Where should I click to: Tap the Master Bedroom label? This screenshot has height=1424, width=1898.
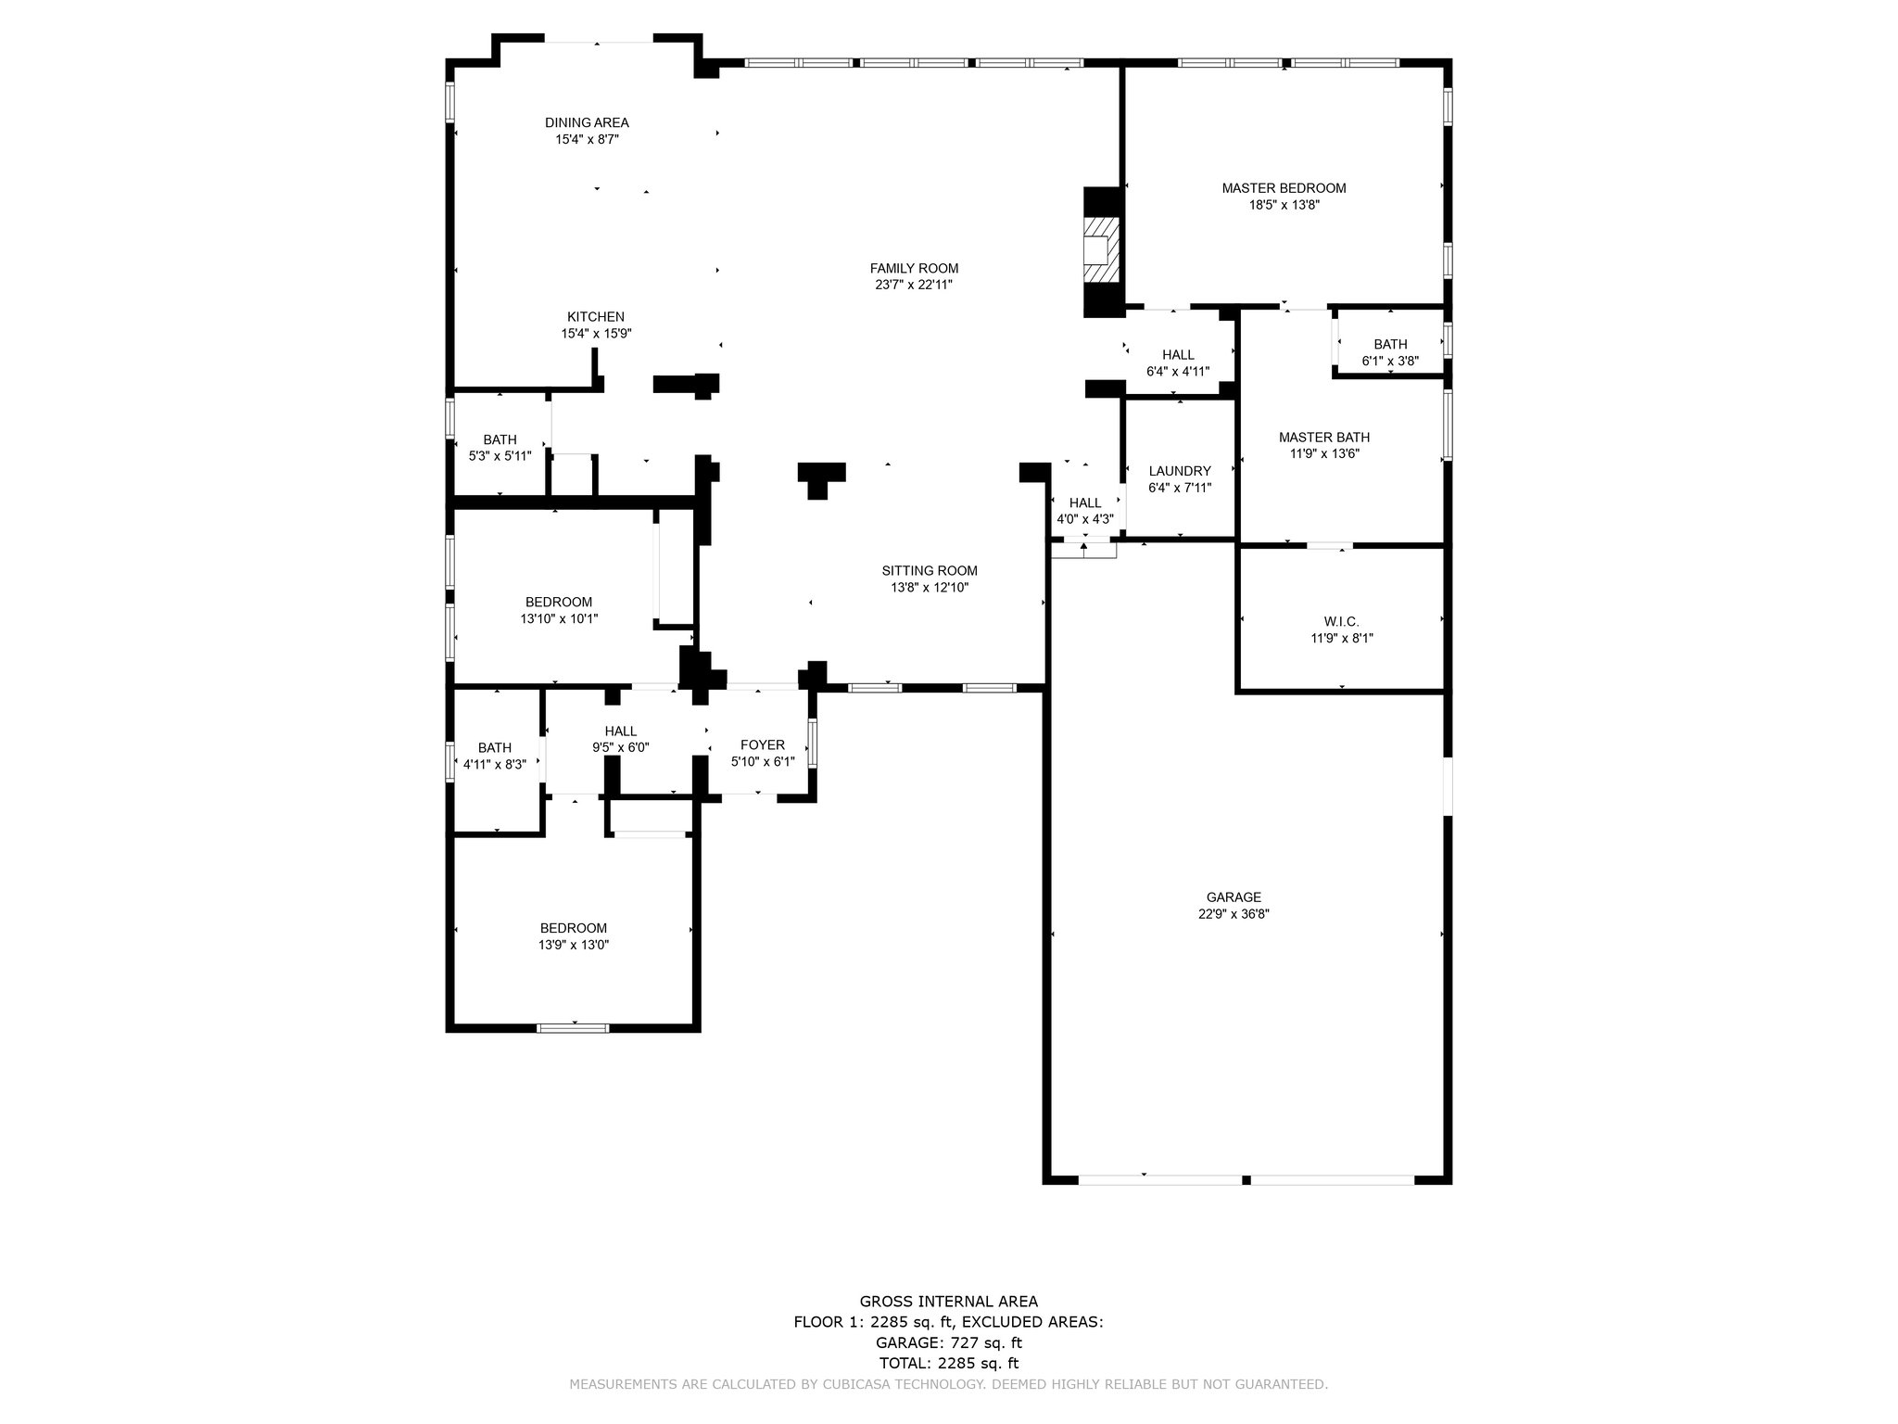[1284, 188]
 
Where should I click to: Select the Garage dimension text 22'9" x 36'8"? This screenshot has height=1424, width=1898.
[1234, 913]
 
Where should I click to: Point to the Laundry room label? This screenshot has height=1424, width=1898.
[1180, 471]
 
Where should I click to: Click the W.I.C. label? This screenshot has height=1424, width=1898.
[1341, 621]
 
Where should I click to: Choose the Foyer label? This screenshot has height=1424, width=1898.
[763, 744]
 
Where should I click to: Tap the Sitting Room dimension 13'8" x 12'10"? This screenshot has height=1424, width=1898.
[930, 587]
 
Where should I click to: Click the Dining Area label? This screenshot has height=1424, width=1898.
[587, 122]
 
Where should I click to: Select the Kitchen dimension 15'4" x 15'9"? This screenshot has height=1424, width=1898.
[596, 334]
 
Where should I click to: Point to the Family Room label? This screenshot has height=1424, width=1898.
[914, 268]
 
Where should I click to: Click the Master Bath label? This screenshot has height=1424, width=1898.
[1324, 438]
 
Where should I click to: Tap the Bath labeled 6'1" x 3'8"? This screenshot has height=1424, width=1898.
[1390, 344]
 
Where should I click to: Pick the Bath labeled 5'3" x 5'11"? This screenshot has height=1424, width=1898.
[500, 439]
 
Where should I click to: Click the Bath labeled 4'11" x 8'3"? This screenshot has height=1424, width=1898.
[495, 747]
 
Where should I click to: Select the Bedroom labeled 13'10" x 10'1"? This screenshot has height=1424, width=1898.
[559, 602]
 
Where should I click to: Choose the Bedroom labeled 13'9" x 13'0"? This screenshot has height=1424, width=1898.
[574, 928]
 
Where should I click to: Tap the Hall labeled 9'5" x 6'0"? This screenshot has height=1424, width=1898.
[621, 731]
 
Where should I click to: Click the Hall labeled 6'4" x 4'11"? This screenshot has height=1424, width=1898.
[1178, 354]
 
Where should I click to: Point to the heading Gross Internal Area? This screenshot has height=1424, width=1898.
[949, 1301]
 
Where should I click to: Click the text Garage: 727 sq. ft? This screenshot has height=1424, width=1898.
[949, 1342]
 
